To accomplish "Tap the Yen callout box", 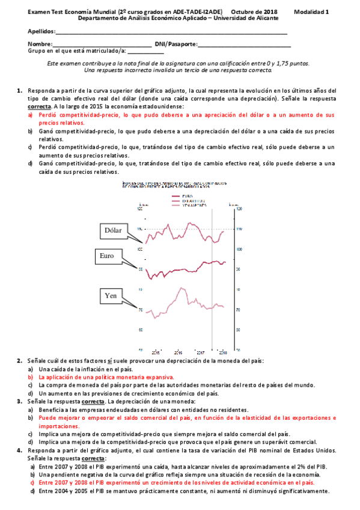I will (x=111, y=296).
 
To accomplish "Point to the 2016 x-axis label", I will (x=178, y=352).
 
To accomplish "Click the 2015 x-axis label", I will (x=156, y=352).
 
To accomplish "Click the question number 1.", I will (x=20, y=91).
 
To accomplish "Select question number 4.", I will (x=20, y=450).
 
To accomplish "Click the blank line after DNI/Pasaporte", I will (x=244, y=45).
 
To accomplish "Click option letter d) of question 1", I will (x=30, y=163).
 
